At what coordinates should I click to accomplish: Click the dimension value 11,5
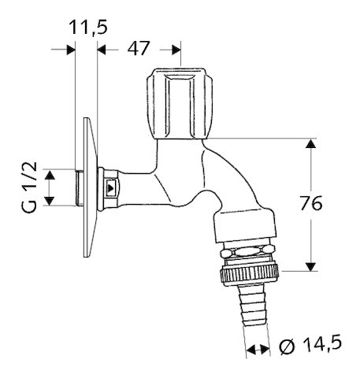[x=88, y=28]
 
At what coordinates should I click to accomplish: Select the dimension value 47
[x=139, y=48]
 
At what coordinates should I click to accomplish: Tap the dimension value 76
[x=311, y=203]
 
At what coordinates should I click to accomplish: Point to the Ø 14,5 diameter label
[x=310, y=344]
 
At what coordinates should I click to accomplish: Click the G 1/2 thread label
[x=29, y=187]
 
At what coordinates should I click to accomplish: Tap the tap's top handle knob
[x=180, y=103]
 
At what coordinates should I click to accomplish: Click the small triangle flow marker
[x=111, y=188]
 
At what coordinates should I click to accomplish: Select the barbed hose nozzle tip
[x=254, y=306]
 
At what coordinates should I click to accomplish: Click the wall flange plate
[x=90, y=187]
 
